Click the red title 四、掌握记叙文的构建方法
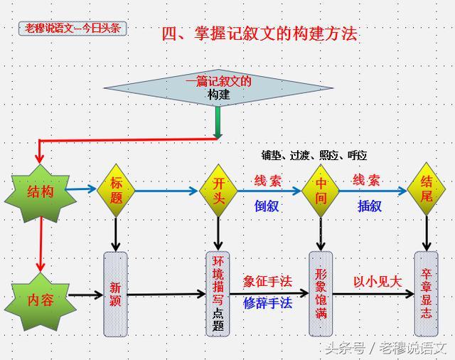259,33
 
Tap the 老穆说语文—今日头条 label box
73,28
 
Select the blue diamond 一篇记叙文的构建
219,88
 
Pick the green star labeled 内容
40,300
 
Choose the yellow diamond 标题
116,191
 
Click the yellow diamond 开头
218,191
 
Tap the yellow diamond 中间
321,191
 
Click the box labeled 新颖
116,293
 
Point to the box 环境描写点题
218,293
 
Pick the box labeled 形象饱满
321,293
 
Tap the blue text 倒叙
267,206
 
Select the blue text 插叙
369,206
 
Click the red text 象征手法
268,281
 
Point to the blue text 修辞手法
268,302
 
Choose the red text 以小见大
378,281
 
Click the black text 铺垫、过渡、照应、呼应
314,155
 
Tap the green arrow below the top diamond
218,122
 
